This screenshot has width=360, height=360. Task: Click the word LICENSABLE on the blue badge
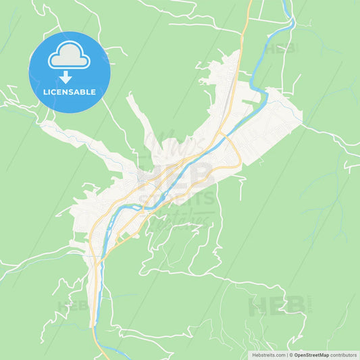click(69, 92)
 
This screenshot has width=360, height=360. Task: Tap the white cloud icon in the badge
click(69, 55)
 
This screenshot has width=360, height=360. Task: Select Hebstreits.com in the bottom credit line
click(269, 354)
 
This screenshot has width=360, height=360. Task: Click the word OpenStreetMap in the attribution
click(311, 354)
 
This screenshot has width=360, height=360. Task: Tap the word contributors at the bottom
click(344, 354)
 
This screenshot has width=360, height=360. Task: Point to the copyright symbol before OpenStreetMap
click(290, 354)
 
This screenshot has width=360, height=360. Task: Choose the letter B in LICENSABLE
click(84, 92)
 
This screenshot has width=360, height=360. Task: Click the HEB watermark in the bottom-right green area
click(277, 305)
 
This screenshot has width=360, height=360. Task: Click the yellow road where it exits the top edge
click(250, 2)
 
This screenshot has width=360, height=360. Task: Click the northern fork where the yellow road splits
click(222, 136)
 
